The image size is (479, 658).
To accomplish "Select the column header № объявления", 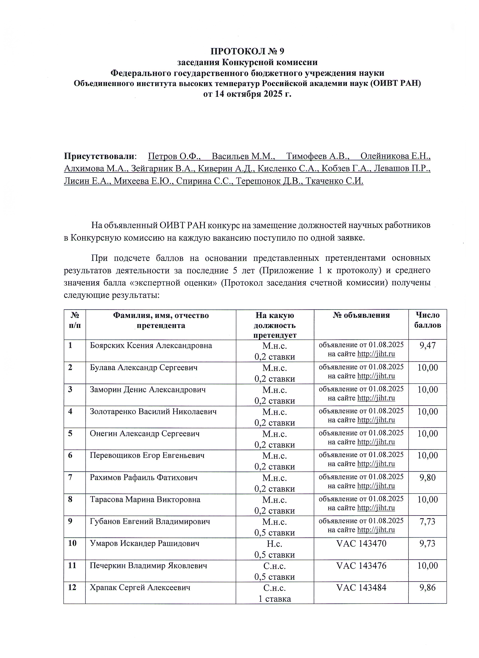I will (361, 315).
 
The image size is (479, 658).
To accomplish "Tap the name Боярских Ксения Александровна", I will (151, 346).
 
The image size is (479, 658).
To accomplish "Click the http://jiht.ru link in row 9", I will (376, 530).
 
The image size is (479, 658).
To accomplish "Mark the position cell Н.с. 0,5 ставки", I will (275, 549).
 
